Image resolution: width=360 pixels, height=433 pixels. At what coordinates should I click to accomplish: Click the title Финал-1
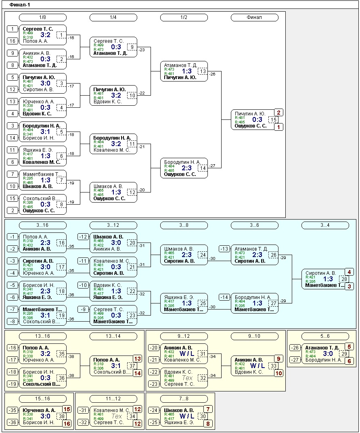click(x=19, y=5)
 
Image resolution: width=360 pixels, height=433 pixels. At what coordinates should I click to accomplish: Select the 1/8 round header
click(x=43, y=17)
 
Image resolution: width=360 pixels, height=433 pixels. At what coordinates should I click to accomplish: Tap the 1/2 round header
click(x=184, y=17)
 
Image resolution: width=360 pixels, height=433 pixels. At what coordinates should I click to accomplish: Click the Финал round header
click(x=254, y=17)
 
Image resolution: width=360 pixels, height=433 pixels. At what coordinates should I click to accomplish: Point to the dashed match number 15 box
click(x=274, y=120)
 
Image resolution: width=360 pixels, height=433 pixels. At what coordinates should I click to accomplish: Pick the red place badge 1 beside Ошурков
click(x=278, y=127)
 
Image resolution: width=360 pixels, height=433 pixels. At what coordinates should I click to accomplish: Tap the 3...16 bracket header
click(x=43, y=225)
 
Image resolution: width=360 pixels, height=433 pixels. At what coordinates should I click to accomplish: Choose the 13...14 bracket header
click(x=113, y=336)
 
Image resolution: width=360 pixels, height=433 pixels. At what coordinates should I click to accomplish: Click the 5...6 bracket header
click(x=325, y=336)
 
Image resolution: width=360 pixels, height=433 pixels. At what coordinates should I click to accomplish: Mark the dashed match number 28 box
click(x=344, y=279)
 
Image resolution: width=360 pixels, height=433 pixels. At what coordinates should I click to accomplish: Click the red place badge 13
click(x=138, y=359)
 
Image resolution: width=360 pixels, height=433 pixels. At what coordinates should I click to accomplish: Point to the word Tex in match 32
click(x=188, y=378)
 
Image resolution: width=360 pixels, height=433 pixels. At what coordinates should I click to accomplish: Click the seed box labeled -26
click(x=295, y=347)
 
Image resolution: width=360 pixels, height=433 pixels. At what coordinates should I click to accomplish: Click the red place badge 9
click(x=278, y=358)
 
